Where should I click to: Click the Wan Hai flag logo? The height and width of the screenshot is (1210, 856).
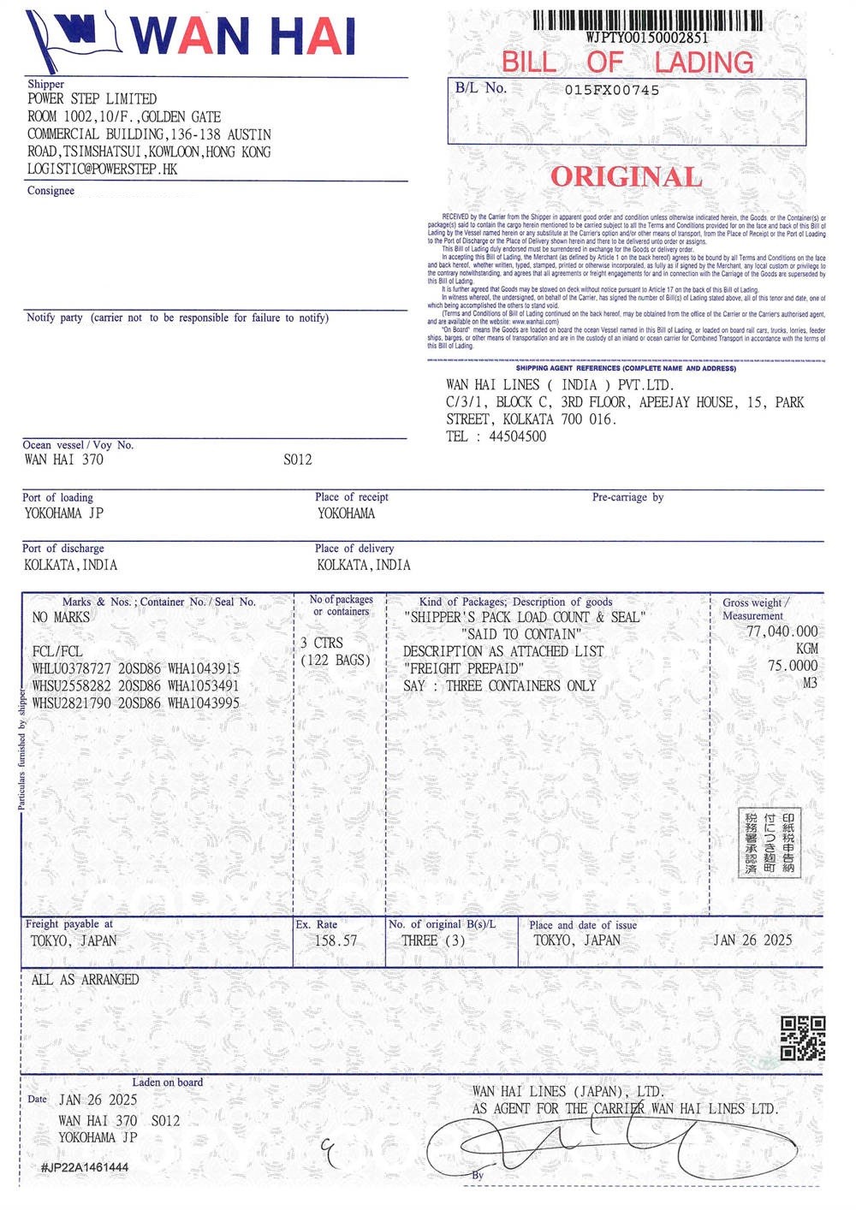pos(73,39)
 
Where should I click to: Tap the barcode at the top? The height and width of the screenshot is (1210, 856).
pos(648,20)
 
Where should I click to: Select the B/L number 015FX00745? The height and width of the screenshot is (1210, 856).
pos(612,90)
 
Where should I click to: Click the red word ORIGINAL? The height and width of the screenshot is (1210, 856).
pos(626,177)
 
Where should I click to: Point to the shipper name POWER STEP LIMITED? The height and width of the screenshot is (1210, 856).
pos(92,99)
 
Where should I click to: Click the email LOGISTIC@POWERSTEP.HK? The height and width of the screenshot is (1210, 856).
pos(103,169)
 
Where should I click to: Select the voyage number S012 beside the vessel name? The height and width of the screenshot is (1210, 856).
pos(298,460)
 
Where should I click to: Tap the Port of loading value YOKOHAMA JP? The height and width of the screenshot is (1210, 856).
pos(64,513)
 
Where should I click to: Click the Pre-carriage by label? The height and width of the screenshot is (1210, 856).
pos(627,497)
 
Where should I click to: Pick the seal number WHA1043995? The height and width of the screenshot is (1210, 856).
pos(204,703)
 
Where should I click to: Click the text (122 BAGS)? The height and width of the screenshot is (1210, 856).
pos(336,661)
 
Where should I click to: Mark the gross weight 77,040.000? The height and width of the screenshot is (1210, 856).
pos(782,632)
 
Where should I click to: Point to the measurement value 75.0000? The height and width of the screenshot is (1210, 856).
pos(792,666)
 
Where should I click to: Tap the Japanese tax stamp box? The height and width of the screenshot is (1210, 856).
pos(770,842)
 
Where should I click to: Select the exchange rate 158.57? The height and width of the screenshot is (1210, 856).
pos(336,940)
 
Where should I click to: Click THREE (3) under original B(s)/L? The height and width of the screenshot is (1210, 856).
pos(433,940)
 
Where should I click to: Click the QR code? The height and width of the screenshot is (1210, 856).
pos(803,1038)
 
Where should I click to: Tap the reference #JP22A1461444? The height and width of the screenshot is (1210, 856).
pos(85,1167)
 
